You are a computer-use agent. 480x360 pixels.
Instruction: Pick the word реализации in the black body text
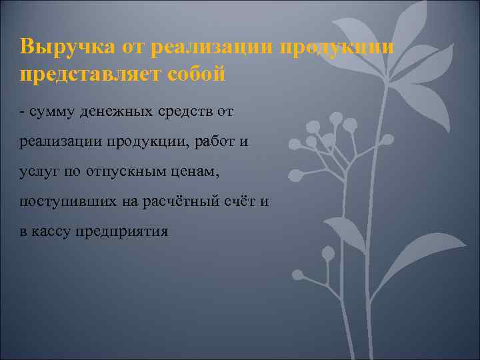point(60,141)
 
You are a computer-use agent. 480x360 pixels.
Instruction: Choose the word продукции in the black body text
point(141,141)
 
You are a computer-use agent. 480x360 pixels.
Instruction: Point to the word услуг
point(39,171)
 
